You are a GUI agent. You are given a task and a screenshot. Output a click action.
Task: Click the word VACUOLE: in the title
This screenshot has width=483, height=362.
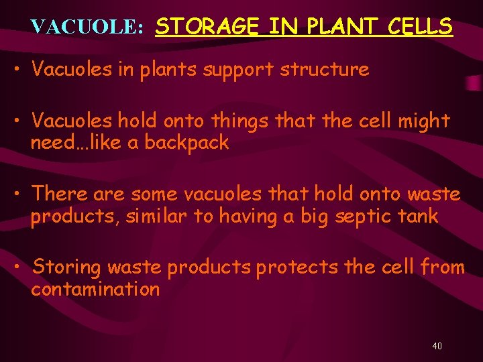click(x=87, y=27)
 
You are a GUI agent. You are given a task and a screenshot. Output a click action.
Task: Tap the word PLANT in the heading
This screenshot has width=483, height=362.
click(x=330, y=27)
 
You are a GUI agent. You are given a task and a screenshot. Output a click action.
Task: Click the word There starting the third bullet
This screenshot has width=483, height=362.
click(x=60, y=194)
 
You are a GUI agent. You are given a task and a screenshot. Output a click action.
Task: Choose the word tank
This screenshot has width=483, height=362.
click(x=419, y=216)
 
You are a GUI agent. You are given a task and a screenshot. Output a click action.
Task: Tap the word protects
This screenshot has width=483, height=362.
click(x=298, y=267)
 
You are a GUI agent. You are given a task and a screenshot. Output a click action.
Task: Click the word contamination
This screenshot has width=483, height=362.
click(x=95, y=289)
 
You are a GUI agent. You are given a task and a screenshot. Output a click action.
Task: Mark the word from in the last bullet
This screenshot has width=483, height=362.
click(x=441, y=267)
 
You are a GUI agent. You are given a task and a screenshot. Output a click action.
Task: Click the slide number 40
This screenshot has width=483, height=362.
click(x=437, y=346)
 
